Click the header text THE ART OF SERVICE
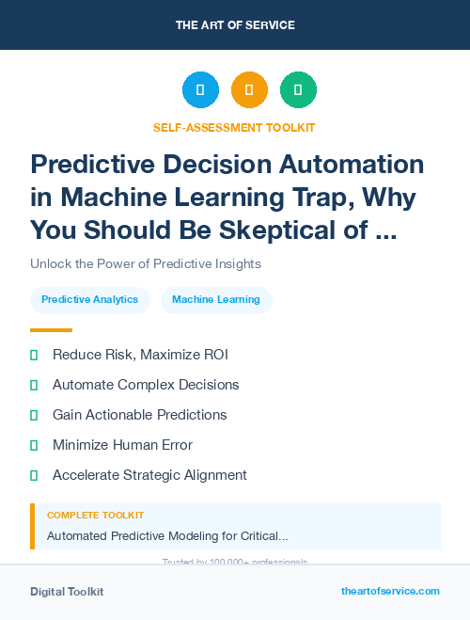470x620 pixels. pos(235,24)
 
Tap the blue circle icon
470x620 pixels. pos(200,90)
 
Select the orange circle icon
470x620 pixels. pos(249,90)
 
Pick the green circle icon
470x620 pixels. pos(298,90)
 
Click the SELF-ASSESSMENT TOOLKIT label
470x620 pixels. pos(235,127)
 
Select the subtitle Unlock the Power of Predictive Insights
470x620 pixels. pos(145,263)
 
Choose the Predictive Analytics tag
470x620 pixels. pos(90,300)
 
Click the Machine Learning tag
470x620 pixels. pos(216,300)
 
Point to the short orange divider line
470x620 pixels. pos(51,330)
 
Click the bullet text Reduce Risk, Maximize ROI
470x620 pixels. pos(140,355)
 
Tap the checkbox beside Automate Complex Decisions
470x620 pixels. pos(34,385)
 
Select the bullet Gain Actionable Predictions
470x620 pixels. pos(139,415)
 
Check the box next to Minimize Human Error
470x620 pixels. pos(34,445)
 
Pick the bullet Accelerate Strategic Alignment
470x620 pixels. pos(149,475)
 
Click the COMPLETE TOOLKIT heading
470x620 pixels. pos(95,516)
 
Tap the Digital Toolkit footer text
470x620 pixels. pos(67,592)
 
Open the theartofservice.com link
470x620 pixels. pos(390,591)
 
